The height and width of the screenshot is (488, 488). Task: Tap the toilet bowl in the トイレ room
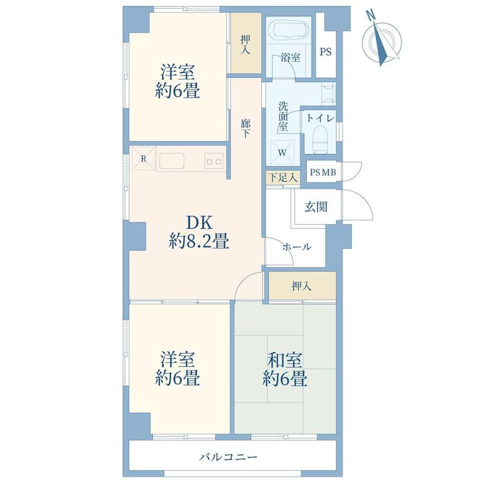coord(320,139)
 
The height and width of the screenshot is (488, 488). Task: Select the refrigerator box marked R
coord(143,159)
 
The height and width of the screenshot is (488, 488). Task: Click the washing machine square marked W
coord(282,152)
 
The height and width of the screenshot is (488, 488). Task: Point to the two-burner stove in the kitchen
coord(214,161)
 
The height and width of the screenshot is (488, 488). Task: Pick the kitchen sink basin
coord(171,162)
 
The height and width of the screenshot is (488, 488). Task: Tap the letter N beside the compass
coord(370,15)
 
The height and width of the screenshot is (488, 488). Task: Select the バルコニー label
coord(229,457)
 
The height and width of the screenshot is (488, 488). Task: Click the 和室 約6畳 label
coord(285,369)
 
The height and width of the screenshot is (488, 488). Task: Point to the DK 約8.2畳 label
coord(199,232)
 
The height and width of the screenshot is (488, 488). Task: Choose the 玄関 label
coord(316,207)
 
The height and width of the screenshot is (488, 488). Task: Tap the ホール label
coord(297,247)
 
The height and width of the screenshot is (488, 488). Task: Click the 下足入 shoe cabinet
coord(283,178)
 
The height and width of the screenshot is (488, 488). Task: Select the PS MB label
coord(323,172)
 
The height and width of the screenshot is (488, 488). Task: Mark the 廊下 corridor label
coord(246,128)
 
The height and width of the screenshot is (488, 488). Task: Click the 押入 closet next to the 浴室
coord(246,43)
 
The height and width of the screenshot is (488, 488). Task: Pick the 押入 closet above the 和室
coord(302,286)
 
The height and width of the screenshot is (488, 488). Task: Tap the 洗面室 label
coord(283,116)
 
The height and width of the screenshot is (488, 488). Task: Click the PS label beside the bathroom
coord(326,51)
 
